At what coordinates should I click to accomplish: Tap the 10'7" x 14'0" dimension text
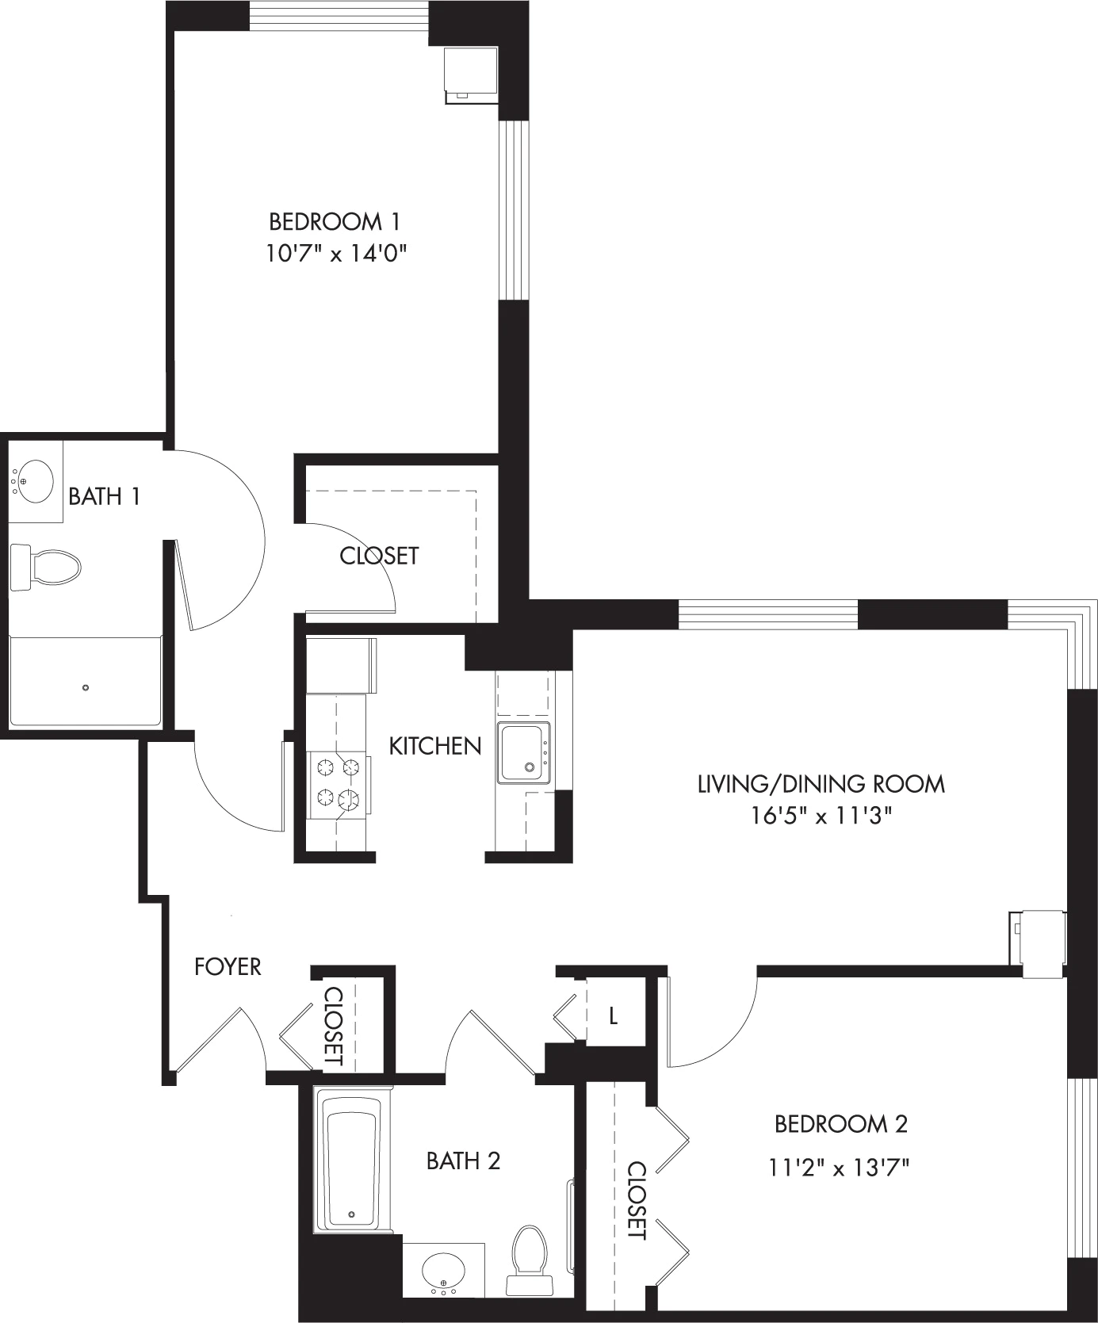337,254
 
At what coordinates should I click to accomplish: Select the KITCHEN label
435,746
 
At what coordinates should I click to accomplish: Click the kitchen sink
523,752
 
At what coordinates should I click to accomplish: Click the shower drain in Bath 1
86,687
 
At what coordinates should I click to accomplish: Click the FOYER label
228,966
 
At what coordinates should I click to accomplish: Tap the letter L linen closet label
613,1015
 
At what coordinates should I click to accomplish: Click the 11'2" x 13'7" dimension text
839,1167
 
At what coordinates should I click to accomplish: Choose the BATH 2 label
464,1161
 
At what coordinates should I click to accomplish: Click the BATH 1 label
105,497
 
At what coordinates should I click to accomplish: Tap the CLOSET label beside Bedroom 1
379,556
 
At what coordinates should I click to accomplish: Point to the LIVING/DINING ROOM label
821,784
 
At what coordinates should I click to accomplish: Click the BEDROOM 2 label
841,1123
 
